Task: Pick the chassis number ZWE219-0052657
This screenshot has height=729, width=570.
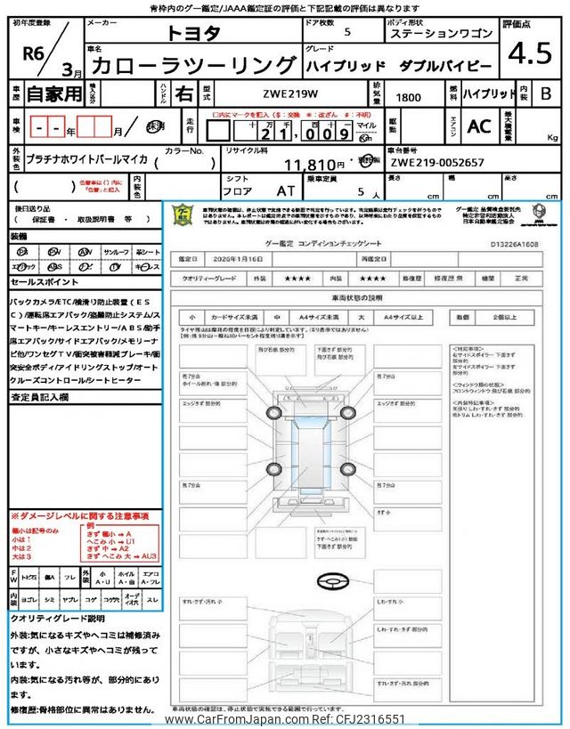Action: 436,164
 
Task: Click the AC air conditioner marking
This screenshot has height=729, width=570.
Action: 478,126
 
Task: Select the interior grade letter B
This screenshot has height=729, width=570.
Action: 545,93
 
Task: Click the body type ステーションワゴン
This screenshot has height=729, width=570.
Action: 439,33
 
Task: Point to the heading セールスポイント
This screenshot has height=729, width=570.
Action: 45,281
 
